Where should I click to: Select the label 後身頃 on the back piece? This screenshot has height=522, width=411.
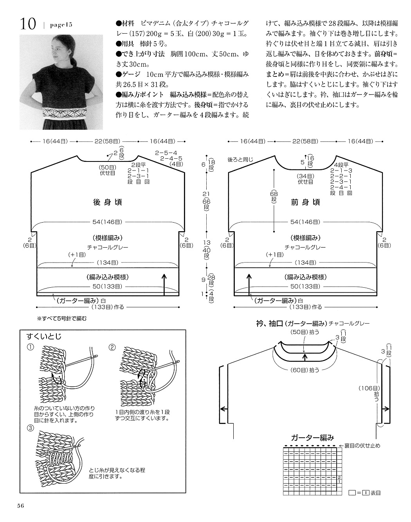(x=107, y=202)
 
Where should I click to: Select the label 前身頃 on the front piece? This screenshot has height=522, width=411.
(x=305, y=202)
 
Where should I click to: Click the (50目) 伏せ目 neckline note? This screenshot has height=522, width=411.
(x=107, y=170)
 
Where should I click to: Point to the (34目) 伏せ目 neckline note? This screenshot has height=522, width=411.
(x=305, y=179)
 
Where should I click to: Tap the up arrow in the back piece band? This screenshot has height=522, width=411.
(x=164, y=285)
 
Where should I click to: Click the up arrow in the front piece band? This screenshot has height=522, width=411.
(x=249, y=285)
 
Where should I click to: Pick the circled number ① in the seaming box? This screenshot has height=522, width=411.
(x=31, y=347)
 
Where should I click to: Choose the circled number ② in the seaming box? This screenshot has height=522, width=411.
(x=112, y=347)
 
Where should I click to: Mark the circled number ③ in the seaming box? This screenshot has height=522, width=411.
(x=31, y=428)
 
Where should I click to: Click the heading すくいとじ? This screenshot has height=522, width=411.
(x=44, y=336)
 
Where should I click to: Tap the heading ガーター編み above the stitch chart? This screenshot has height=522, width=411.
(x=312, y=438)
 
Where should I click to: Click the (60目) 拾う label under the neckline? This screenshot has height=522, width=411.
(x=305, y=370)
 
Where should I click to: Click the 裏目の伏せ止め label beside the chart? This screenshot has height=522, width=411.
(x=362, y=446)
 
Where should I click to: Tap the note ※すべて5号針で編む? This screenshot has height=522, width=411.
(x=62, y=319)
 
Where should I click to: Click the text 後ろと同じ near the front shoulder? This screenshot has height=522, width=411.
(x=240, y=159)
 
